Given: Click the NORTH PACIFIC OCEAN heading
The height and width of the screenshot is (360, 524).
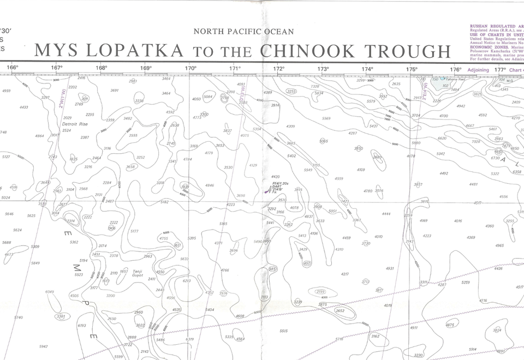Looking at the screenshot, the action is pyautogui.click(x=243, y=32).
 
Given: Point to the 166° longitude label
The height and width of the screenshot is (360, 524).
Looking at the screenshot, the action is pyautogui.click(x=13, y=68).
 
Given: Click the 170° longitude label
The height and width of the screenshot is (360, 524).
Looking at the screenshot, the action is pyautogui.click(x=190, y=68).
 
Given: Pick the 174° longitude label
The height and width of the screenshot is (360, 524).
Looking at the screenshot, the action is pyautogui.click(x=367, y=69).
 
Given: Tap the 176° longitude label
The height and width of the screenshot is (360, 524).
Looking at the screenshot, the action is pyautogui.click(x=456, y=69).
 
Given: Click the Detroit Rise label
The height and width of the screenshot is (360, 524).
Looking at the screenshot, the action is pyautogui.click(x=75, y=124).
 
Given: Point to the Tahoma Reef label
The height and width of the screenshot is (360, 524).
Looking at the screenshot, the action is pyautogui.click(x=455, y=79).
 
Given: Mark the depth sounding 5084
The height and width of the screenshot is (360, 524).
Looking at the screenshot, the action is pyautogui.click(x=208, y=97).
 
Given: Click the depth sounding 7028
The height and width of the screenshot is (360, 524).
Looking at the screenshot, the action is pyautogui.click(x=476, y=141).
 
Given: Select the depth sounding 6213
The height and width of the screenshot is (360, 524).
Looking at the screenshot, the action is pyautogui.click(x=187, y=281).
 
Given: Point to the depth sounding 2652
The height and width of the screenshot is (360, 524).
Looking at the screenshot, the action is pyautogui.click(x=340, y=310).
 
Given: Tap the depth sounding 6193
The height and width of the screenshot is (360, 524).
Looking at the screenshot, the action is pyautogui.click(x=82, y=325).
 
